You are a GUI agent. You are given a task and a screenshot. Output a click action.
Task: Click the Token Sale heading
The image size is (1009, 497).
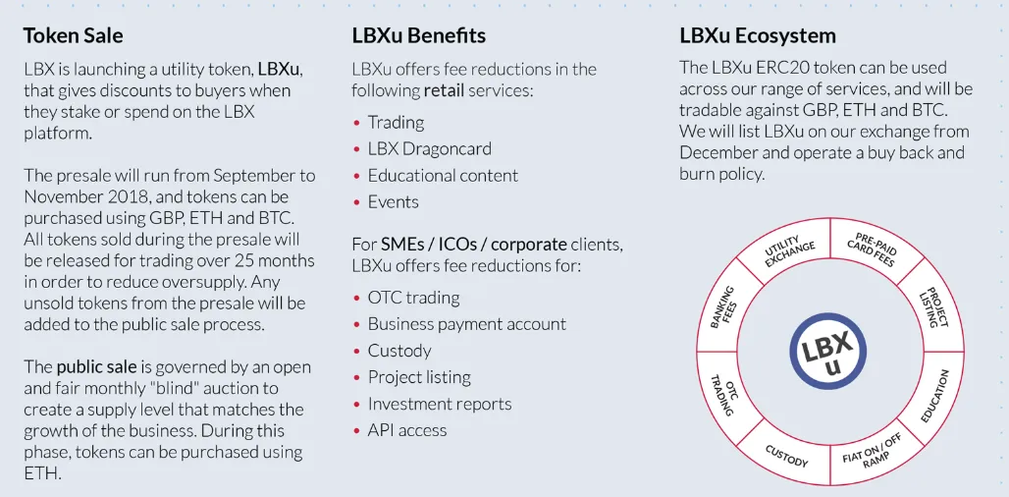[x=73, y=35]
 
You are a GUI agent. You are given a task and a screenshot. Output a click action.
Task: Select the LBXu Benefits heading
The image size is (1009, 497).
[x=418, y=35]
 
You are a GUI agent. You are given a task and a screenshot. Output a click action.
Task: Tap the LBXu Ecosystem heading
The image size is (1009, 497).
[x=758, y=35]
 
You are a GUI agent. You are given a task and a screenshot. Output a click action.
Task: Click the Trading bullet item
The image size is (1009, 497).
[x=396, y=123]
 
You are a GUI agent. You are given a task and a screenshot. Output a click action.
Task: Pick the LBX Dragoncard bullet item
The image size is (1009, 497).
[x=429, y=148]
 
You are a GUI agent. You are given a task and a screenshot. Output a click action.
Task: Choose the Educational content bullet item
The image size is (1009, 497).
[x=443, y=175]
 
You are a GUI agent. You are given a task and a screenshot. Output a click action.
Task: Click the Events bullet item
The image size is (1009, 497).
[x=394, y=201]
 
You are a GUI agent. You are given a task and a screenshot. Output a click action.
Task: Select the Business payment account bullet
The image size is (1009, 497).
[x=466, y=324]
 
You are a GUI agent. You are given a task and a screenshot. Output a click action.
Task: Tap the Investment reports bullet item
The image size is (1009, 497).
[x=440, y=404]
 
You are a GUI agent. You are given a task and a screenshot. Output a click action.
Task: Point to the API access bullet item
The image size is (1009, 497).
[x=406, y=430]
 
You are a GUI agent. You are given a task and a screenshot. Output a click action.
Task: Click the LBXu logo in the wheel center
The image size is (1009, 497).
[x=827, y=351]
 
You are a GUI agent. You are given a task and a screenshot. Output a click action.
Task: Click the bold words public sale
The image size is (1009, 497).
[x=96, y=367]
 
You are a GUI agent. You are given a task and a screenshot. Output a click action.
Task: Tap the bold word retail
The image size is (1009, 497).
[x=444, y=90]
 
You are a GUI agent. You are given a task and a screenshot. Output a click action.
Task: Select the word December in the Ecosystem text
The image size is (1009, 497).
[x=719, y=152]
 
